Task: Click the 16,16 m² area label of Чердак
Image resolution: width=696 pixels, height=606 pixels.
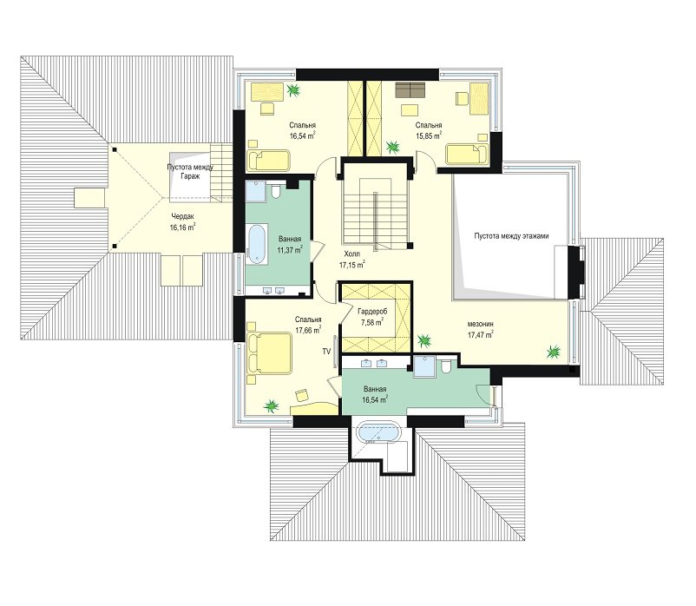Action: tap(182, 227)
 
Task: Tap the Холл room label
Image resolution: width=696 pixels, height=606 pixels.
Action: tap(352, 254)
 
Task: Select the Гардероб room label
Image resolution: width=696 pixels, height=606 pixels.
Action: tap(372, 312)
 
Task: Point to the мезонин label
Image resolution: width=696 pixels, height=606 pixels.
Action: tap(481, 324)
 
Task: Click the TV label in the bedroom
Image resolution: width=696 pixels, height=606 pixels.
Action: tap(326, 352)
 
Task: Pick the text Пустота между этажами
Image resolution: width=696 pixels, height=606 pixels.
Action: tap(511, 236)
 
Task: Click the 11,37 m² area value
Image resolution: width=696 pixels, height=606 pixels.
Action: tap(290, 250)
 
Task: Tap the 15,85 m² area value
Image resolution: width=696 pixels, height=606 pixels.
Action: tap(429, 135)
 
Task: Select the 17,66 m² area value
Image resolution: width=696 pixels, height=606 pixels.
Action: tap(308, 329)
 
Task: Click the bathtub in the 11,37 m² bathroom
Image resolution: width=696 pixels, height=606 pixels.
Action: tap(257, 244)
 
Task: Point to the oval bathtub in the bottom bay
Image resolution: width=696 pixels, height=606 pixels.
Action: tap(378, 433)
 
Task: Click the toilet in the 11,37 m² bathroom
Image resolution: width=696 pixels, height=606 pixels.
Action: tap(276, 191)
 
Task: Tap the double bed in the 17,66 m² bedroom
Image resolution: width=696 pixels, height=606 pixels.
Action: tap(269, 353)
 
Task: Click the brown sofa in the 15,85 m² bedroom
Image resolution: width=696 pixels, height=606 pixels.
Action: tap(410, 89)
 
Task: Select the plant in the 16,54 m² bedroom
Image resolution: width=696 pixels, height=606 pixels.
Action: tap(293, 90)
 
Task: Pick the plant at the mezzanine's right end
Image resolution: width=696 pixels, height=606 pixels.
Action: tap(553, 352)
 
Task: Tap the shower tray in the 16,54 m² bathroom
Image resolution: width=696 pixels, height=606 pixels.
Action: tap(424, 366)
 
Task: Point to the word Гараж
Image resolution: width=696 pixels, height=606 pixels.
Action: tap(189, 176)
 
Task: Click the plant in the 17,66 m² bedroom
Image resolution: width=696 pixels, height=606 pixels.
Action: tap(270, 405)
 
